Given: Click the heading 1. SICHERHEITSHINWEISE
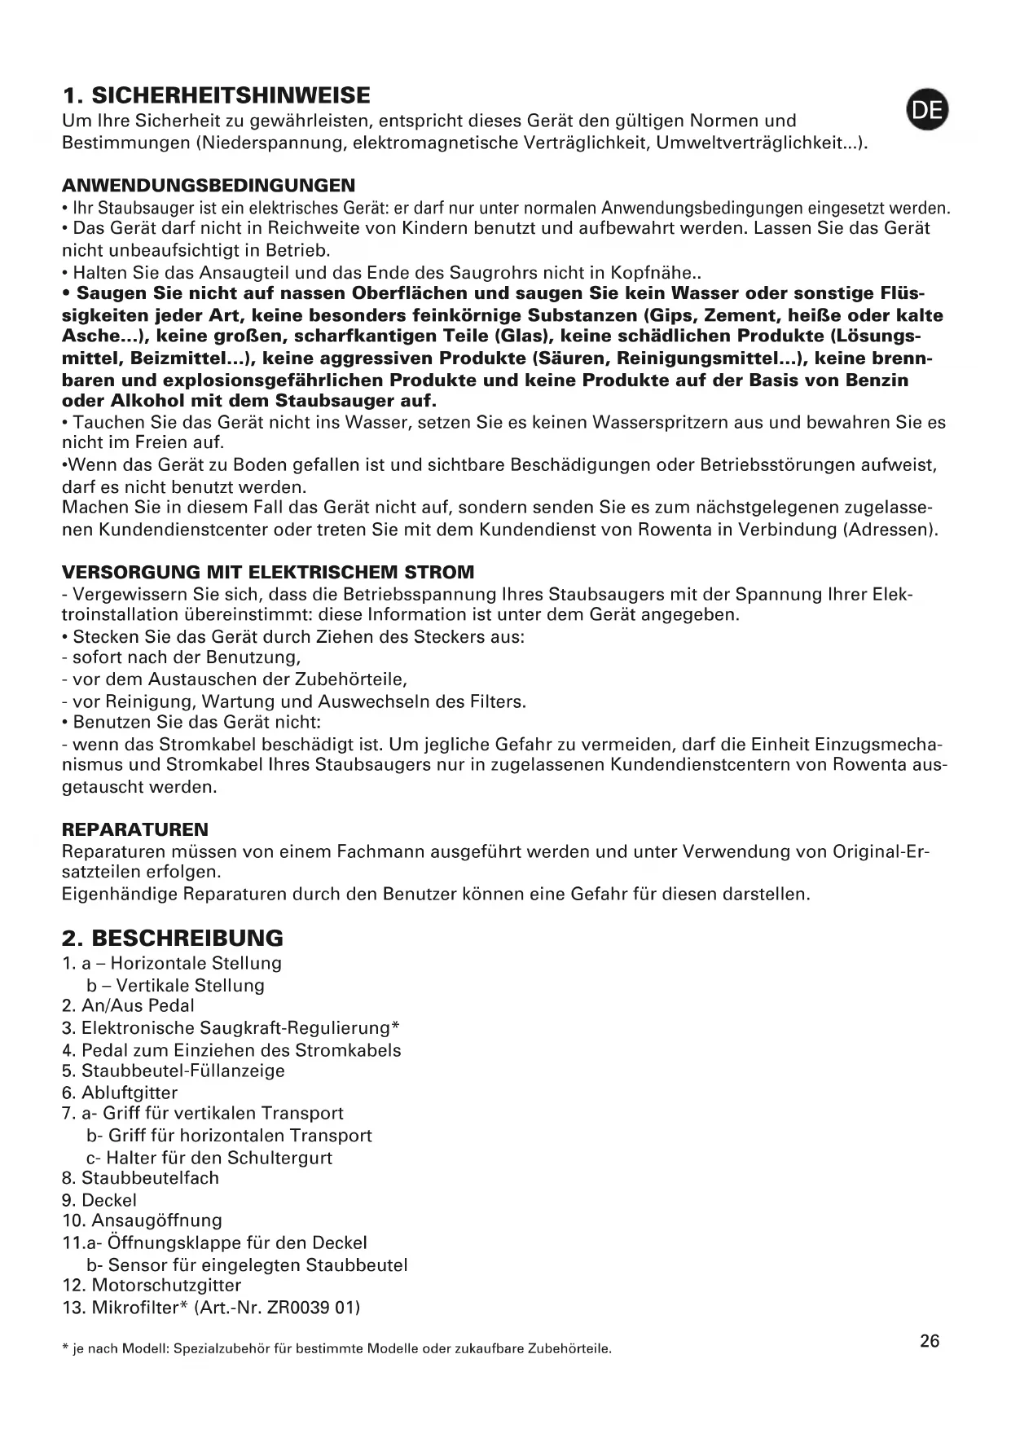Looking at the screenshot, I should coord(216,96).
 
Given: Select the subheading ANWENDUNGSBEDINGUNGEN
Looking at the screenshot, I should coord(209,186).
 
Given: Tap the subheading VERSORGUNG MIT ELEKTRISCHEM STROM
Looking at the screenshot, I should coord(268,572).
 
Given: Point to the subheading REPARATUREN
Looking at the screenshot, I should coord(135,830).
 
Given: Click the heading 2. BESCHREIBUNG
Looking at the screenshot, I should coord(173,938).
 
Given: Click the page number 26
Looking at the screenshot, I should coord(930,1341).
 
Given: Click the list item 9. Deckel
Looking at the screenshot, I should coord(100,1200).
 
